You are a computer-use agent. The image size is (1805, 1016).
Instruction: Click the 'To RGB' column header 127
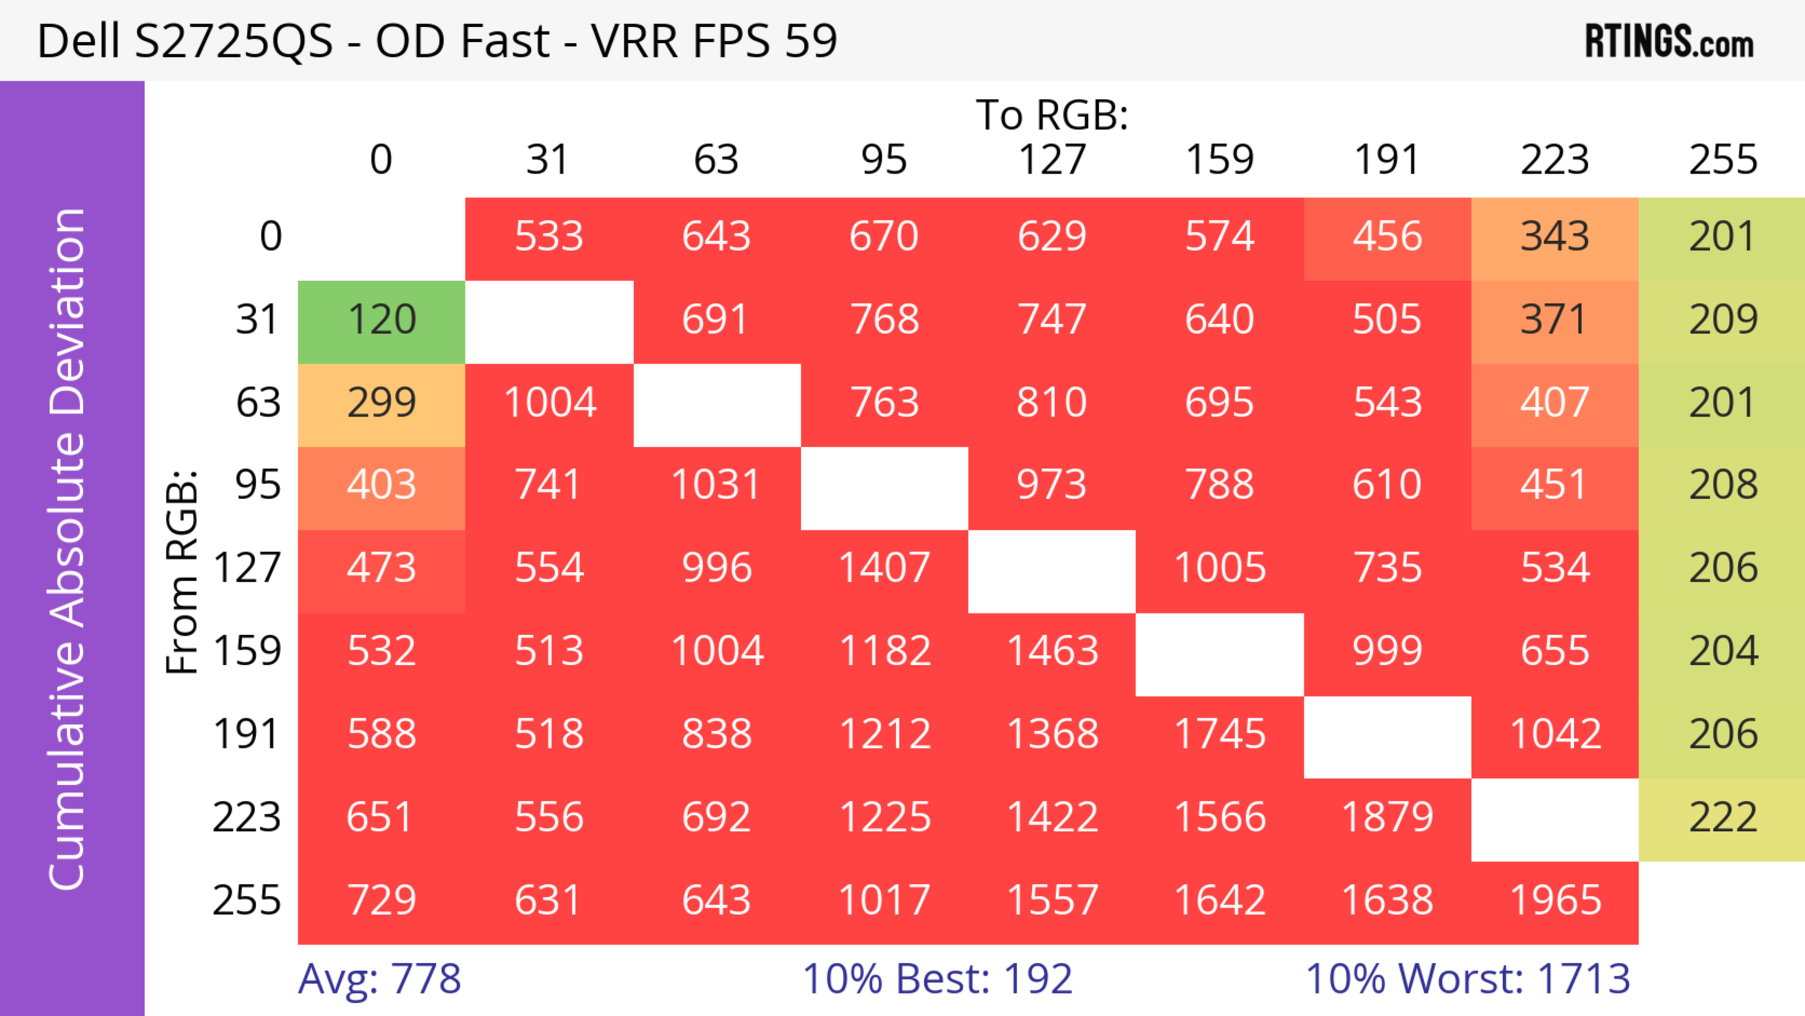(x=1052, y=160)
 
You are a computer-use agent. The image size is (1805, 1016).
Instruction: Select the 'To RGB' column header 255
(x=1722, y=160)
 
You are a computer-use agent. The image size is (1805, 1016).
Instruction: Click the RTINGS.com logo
(x=1669, y=41)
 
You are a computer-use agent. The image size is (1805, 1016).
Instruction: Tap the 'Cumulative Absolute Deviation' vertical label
(x=68, y=549)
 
